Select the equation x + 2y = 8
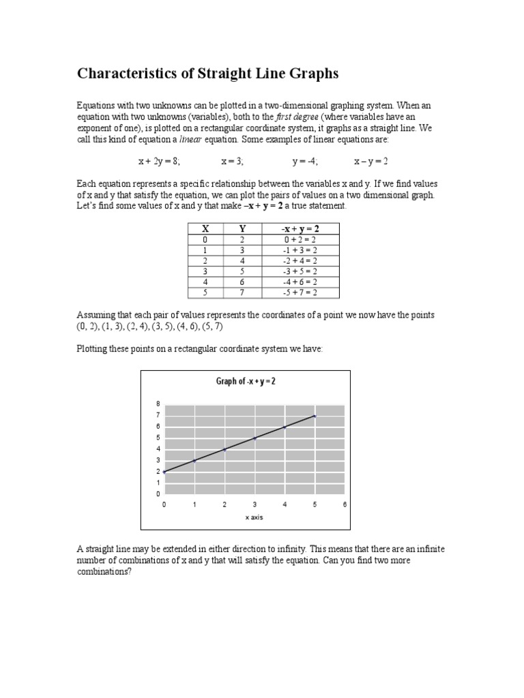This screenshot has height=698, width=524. point(158,162)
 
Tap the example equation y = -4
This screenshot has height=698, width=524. point(305,162)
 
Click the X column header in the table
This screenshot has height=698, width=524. point(204,229)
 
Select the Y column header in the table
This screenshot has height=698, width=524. point(242,229)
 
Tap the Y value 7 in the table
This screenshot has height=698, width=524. point(242,292)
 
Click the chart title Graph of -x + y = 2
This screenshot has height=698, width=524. point(246,381)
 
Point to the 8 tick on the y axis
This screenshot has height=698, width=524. point(158,404)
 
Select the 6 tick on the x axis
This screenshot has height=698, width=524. point(345,504)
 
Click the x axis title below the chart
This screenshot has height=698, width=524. point(254,517)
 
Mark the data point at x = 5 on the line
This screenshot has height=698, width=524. point(315,415)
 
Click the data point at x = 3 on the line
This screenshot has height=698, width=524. point(254,438)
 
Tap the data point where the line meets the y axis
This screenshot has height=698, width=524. point(164,472)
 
